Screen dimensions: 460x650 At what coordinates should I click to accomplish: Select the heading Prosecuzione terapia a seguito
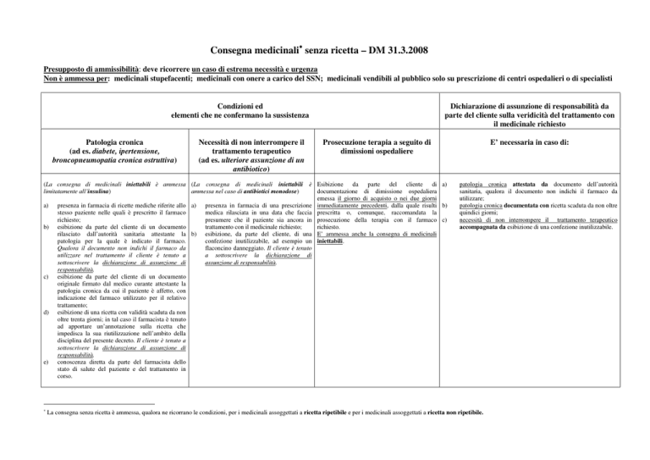point(391,141)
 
